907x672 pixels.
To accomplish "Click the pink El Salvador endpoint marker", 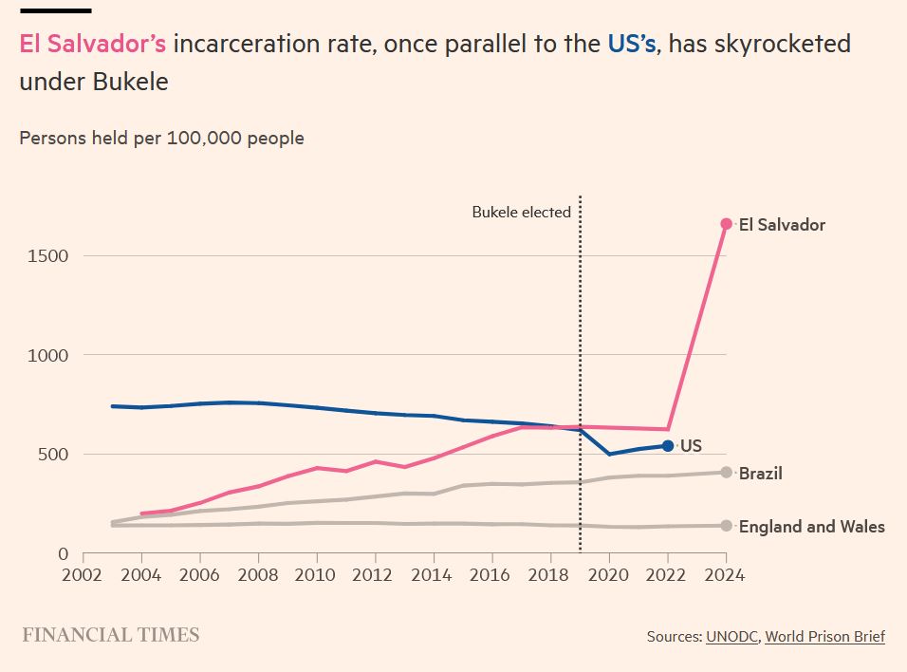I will pos(726,224).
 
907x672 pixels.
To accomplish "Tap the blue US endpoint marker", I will pos(667,445).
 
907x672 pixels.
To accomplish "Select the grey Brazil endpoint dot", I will pos(726,472).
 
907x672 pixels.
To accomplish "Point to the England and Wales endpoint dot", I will pos(726,526).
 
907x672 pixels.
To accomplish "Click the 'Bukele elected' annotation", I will pos(521,213).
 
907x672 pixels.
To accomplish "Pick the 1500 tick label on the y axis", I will pos(47,255).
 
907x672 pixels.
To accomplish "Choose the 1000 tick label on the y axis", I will pos(47,355).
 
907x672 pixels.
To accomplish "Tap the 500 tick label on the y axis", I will pos(52,455).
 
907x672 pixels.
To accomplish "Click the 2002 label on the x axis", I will pos(83,575).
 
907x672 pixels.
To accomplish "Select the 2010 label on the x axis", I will pos(316,575).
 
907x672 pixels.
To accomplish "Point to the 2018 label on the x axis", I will pos(549,575).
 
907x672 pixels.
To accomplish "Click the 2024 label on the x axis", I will pos(726,575).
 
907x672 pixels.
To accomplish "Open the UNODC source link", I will pos(731,636).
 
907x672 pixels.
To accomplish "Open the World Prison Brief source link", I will pos(824,636).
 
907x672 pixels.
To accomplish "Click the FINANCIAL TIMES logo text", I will pos(110,635).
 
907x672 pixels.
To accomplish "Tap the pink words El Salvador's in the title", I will pos(93,45).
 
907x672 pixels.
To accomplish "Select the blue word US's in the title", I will pos(631,45).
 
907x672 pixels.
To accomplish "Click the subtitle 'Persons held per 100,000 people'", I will pos(161,139).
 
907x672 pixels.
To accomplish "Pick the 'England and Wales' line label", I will pos(811,527).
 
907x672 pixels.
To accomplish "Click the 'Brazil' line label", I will pos(760,473).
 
